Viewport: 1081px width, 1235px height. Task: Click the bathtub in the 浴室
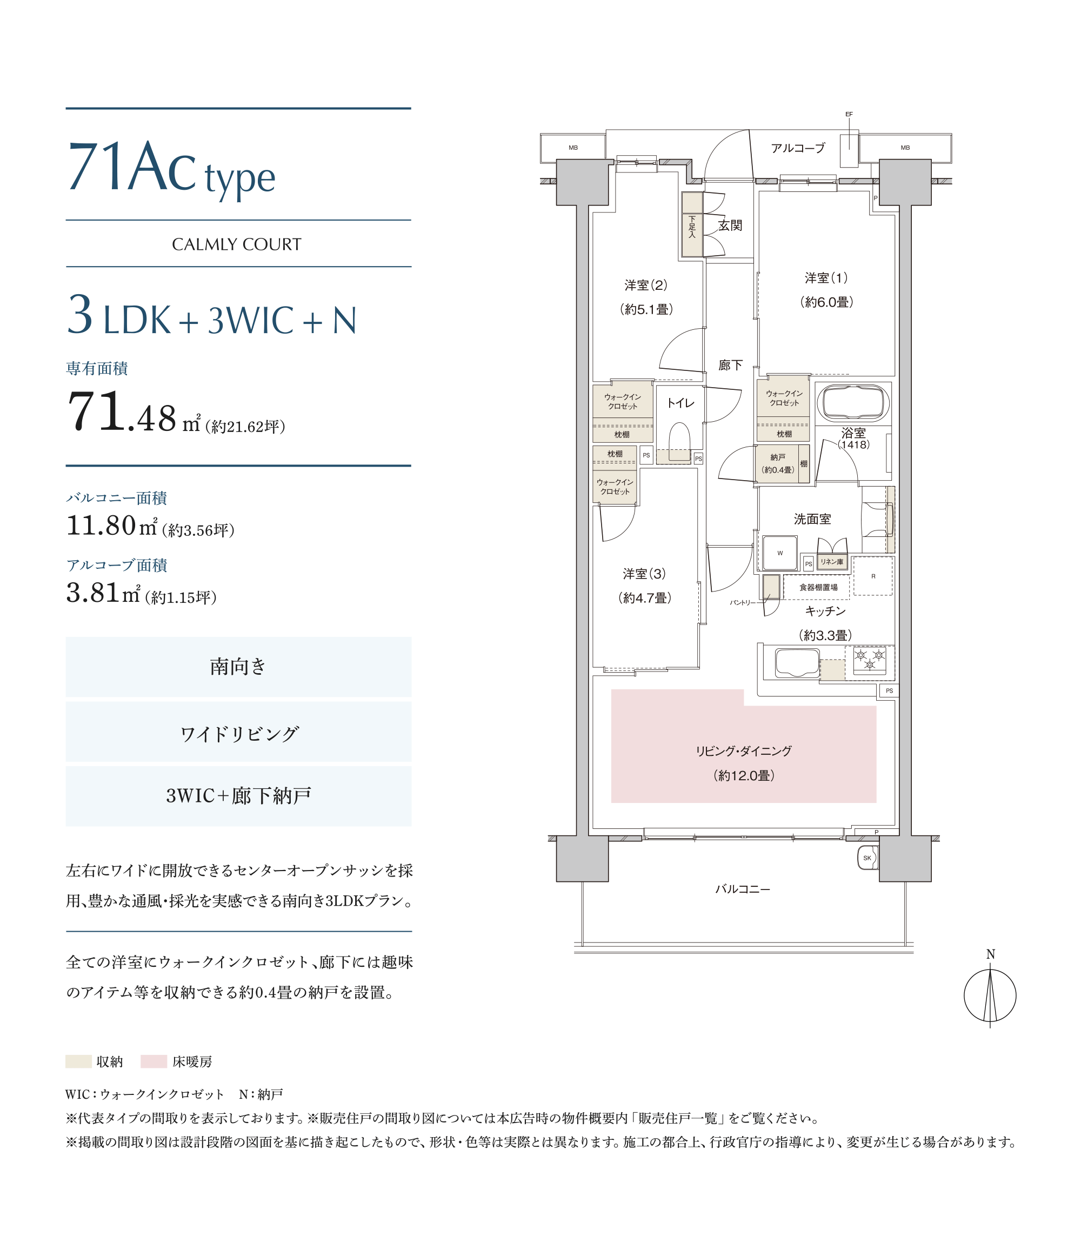852,402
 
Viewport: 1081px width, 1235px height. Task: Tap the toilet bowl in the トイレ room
679,442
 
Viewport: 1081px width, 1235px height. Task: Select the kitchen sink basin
797,662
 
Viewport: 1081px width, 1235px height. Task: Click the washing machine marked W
780,553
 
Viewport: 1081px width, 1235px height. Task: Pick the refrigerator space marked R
872,576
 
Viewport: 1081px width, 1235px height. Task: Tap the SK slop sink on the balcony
868,858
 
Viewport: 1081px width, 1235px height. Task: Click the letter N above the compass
990,954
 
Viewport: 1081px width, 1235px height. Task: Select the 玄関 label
730,225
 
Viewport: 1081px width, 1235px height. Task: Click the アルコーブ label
797,148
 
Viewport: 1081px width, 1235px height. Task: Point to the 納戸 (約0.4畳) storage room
777,463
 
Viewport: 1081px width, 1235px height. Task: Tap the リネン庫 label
831,562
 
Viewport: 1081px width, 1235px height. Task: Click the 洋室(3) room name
644,574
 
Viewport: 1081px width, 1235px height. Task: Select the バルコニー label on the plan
743,889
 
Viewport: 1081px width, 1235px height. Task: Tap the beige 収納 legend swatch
78,1061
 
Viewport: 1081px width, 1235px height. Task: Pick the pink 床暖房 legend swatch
154,1061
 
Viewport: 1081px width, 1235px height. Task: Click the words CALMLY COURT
237,244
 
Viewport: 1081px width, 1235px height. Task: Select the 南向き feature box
238,667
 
